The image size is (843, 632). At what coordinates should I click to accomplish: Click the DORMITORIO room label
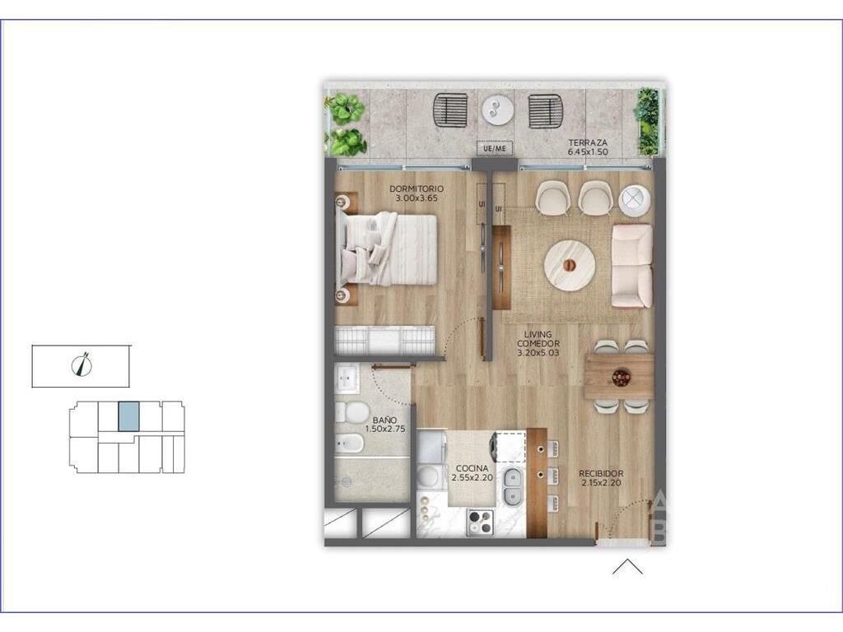(416, 189)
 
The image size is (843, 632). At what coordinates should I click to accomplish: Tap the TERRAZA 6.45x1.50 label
(588, 147)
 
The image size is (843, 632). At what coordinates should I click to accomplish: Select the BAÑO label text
(385, 421)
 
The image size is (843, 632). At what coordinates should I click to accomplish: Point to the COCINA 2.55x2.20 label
(472, 473)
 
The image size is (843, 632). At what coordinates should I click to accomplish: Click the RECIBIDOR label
(601, 473)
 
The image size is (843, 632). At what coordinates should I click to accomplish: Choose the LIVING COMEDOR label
(538, 339)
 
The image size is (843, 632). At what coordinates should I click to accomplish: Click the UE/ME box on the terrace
(495, 148)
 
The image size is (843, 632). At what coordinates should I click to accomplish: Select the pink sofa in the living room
(632, 266)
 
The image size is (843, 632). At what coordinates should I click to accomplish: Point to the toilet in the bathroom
(351, 413)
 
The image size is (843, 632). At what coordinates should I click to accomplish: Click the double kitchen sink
(512, 486)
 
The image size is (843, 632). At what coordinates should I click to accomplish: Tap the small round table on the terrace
(498, 111)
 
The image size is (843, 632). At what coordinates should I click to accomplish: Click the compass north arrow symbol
(82, 365)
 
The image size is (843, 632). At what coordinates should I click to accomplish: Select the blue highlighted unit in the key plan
(128, 416)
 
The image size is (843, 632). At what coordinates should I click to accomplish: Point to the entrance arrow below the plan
(627, 566)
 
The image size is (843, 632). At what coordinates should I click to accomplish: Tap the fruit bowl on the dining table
(621, 378)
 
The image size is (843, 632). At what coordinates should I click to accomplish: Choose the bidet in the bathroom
(349, 444)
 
